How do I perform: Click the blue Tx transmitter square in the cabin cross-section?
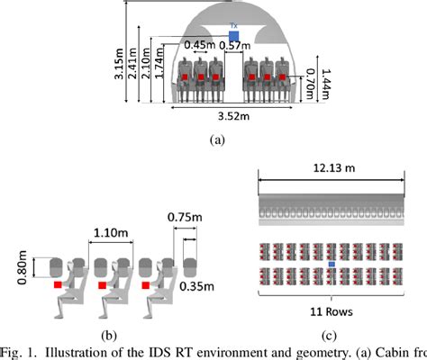tap(234, 36)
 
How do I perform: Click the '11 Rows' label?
tap(332, 315)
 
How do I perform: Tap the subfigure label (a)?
tap(216, 139)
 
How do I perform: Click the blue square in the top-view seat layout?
tap(332, 264)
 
